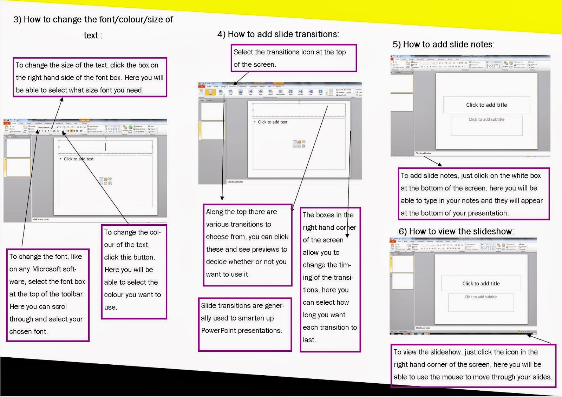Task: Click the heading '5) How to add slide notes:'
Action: tap(443, 45)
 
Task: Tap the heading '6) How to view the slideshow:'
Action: tap(456, 232)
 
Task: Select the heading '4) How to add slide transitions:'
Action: tap(278, 34)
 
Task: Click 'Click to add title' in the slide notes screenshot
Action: tap(486, 105)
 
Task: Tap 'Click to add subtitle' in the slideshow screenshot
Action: tap(481, 297)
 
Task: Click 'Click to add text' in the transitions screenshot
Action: tap(272, 122)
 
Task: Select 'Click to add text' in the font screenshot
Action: tap(78, 159)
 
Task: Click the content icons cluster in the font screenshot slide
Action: tap(105, 181)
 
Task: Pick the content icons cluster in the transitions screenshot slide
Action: tap(299, 144)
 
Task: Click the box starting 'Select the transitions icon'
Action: tap(293, 58)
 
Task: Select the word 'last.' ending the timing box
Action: tap(309, 340)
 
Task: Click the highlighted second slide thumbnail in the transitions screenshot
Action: tap(212, 130)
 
